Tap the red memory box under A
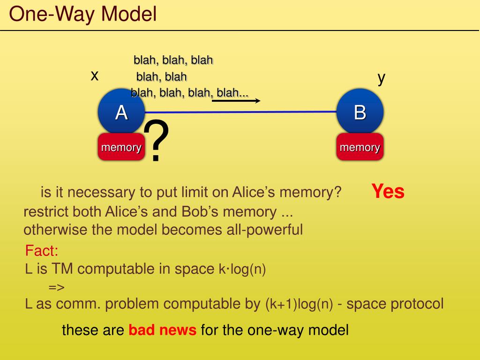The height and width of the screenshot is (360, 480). (121, 147)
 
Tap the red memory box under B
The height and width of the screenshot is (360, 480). (360, 147)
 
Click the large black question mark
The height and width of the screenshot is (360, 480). (156, 141)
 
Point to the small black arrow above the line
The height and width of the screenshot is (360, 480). (236, 100)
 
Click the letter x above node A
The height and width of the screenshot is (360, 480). (95, 75)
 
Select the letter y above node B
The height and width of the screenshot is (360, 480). (382, 78)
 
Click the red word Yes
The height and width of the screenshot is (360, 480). (388, 191)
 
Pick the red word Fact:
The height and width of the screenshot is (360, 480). (42, 251)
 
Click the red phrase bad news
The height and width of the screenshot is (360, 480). (163, 330)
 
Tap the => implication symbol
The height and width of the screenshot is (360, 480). (56, 287)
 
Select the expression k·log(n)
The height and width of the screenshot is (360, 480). (242, 270)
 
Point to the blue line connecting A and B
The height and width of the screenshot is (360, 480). (281, 112)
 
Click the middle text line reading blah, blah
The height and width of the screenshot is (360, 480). (161, 76)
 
